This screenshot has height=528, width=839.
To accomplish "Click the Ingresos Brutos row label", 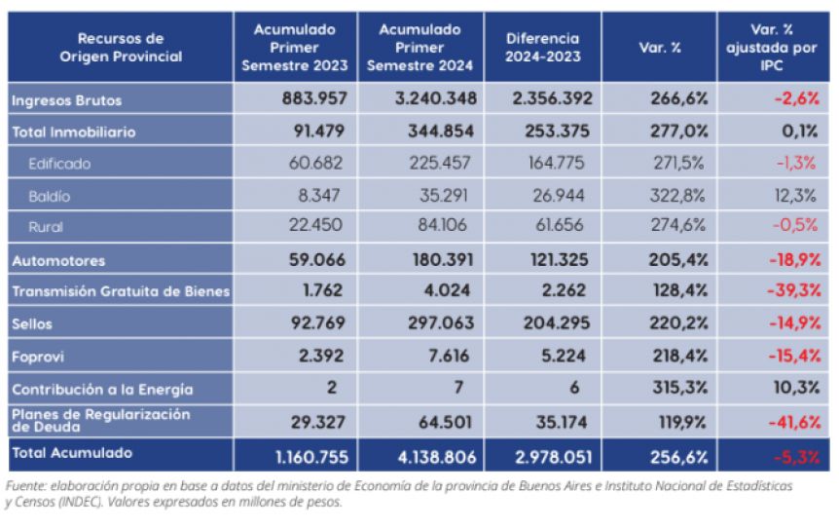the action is pos(66,100).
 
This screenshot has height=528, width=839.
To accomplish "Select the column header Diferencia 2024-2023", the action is pos(542,47).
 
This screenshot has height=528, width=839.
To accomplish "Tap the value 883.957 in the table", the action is pos(314,98).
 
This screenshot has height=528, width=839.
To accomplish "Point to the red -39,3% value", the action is pos(794,290).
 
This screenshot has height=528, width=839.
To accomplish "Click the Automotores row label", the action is pos(58,261).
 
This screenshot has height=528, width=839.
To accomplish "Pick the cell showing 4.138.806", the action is pos(437,457).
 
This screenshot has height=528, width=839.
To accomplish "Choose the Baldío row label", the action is pos(50,197).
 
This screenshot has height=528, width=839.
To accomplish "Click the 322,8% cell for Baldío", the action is pos(677,196).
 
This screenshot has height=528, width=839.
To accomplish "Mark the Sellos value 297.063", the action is pos(441,322).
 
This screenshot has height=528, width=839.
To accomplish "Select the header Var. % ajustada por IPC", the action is pos(771,47).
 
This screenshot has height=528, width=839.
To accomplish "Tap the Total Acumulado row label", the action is pos(72,453).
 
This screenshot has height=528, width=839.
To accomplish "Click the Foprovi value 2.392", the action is pos(321,356).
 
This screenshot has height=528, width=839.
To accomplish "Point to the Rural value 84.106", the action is pos(442,224).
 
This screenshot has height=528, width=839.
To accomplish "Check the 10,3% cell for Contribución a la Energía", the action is pos(796,387).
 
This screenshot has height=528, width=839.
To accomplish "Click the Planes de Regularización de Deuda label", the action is pos(100,421).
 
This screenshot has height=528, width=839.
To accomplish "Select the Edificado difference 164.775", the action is pos(556,163).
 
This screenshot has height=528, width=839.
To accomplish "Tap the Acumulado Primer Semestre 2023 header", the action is pos(294,47).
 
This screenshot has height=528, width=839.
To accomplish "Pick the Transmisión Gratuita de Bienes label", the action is pos(121,291).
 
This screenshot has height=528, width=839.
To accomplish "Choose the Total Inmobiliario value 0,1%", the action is pos(799,132).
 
